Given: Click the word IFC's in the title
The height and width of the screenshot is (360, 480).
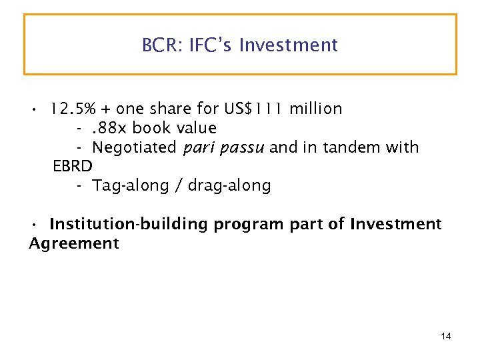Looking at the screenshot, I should [x=211, y=45].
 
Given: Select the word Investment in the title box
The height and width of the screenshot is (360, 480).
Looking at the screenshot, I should [x=289, y=45].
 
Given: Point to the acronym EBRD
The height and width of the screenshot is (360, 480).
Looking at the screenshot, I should [x=72, y=166].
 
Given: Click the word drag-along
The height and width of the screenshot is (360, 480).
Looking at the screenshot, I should [x=229, y=185].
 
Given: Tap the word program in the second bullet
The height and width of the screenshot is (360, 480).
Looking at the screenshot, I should [x=250, y=225].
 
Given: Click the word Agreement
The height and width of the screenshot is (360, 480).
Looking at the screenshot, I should [x=73, y=243].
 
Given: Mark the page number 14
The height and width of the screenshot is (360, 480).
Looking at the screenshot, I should [x=446, y=336].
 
